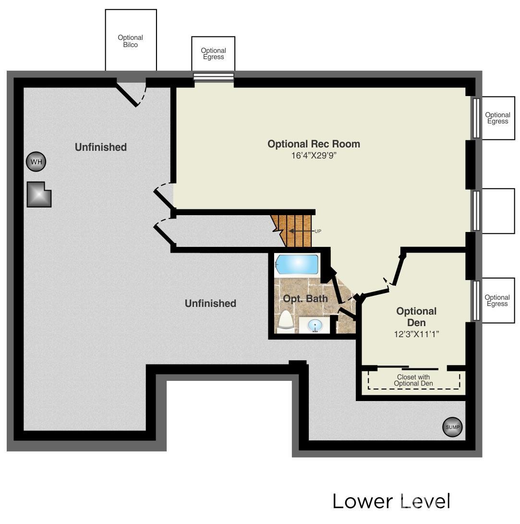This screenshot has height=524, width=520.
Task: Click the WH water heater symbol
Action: pos(36,162)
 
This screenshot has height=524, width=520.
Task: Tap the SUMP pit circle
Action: pos(452,427)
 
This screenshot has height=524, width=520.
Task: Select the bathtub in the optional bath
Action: pos(296,264)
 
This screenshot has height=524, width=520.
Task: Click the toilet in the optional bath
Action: pos(286,322)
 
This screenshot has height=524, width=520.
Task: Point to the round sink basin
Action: pos(314,325)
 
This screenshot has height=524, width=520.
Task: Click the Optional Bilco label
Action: pos(130,41)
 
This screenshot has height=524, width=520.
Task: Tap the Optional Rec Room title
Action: pos(314,144)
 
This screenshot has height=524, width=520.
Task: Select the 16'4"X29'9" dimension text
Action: pos(314,156)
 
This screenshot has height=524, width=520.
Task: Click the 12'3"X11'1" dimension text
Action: pos(416,334)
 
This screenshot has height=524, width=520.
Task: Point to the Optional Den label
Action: pos(416,317)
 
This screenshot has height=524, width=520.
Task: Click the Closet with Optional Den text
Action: pos(413,380)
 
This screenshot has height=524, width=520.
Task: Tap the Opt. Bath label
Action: pos(305,298)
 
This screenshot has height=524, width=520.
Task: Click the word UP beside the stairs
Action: pos(318,231)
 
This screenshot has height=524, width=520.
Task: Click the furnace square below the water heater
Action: pos(39,195)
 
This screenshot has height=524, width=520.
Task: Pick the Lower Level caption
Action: pos(391,501)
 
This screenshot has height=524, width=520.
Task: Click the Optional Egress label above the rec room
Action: pos(213,53)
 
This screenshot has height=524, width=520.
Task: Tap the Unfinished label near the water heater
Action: pos(101,147)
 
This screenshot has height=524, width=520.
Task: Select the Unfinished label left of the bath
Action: pos(210,303)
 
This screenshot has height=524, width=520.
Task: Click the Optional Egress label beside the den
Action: pos(497,301)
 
